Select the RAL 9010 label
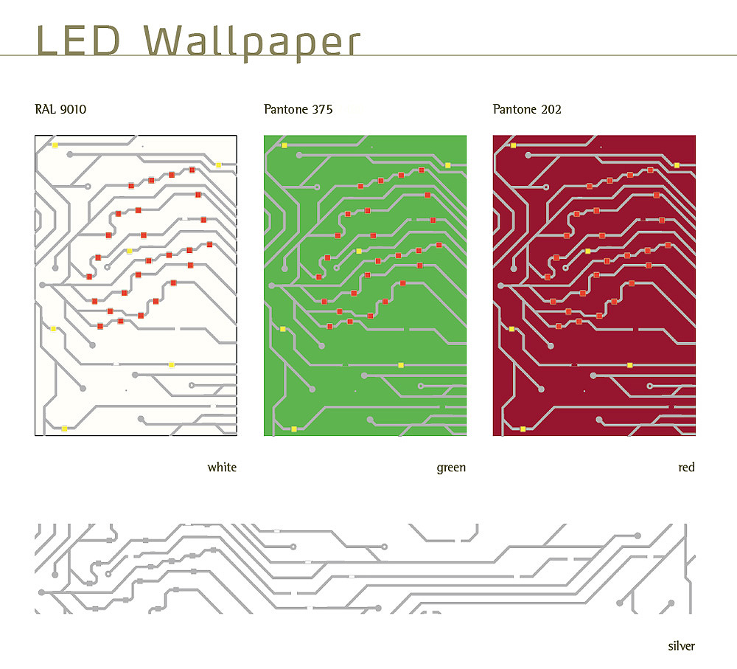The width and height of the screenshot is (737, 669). [x=60, y=110]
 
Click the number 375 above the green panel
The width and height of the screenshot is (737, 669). [x=322, y=110]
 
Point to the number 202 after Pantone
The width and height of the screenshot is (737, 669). [x=551, y=110]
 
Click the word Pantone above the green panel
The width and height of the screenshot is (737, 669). [x=286, y=110]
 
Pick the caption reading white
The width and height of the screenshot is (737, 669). [x=222, y=468]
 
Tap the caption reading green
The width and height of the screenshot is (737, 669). [x=451, y=468]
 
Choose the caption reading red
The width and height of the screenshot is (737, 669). [x=686, y=468]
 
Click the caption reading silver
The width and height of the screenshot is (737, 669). [x=681, y=646]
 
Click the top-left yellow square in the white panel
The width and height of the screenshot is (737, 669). [x=55, y=145]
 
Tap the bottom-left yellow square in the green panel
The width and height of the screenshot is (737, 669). [x=294, y=429]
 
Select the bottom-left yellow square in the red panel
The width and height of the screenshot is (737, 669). [x=523, y=429]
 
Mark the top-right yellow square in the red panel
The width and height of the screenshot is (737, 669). [x=677, y=165]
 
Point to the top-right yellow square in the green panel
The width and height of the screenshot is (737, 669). [x=447, y=165]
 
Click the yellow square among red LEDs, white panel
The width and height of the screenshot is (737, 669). [x=130, y=252]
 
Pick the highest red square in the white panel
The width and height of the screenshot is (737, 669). [x=192, y=170]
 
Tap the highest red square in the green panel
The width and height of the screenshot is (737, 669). [x=422, y=170]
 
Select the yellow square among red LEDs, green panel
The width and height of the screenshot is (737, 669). [x=359, y=252]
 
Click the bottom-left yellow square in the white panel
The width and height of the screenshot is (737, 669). [x=65, y=429]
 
